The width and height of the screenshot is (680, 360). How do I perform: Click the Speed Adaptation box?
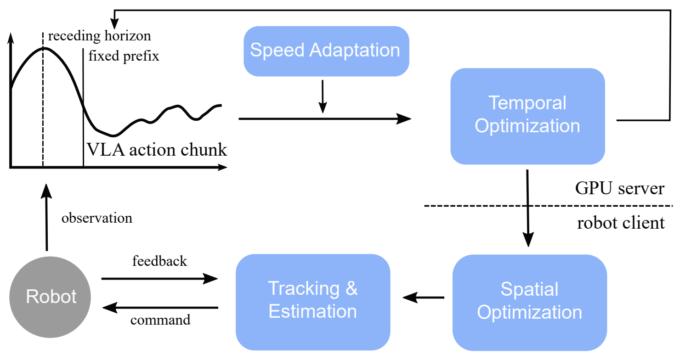tap(326, 51)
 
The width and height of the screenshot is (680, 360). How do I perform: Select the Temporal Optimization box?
tap(527, 116)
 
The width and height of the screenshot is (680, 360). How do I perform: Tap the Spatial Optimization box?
tap(529, 302)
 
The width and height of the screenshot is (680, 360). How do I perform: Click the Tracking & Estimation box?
tap(312, 300)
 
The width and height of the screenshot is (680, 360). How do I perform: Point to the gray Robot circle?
tap(51, 297)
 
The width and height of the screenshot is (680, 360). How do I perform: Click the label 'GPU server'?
tap(619, 189)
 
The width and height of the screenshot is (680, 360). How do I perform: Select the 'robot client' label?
tap(620, 223)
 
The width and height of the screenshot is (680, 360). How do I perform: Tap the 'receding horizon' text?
tap(99, 36)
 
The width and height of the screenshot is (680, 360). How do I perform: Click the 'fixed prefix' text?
tap(124, 56)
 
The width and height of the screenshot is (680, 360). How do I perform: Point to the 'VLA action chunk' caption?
tap(157, 150)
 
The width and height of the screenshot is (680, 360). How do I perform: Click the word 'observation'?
tap(96, 218)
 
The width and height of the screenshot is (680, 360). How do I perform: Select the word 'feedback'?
tap(159, 261)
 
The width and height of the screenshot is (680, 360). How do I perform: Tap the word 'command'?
tap(160, 320)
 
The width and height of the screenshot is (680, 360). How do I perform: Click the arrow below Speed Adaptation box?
tap(323, 96)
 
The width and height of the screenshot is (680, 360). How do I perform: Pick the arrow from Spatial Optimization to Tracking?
tap(423, 298)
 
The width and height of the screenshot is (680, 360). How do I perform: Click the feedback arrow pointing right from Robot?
tap(159, 278)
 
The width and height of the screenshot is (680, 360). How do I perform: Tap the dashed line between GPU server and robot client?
tap(547, 206)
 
